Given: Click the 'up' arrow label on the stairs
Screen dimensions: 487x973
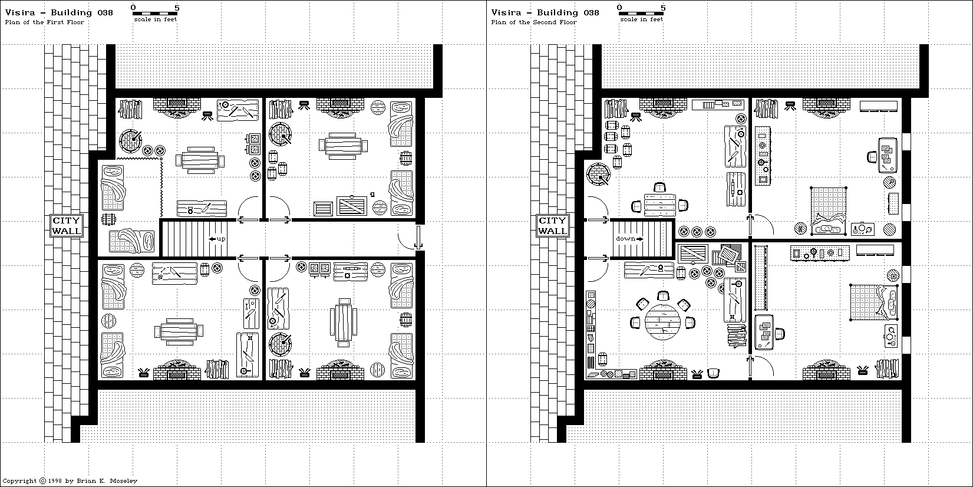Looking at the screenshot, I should click(x=217, y=239).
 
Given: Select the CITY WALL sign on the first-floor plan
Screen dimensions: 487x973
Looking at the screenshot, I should click(x=67, y=226).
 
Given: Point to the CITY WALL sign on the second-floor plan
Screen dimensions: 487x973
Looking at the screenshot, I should click(x=552, y=226).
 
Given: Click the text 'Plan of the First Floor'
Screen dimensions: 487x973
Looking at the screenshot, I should click(x=45, y=22).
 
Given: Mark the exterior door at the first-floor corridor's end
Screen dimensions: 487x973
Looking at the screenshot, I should click(x=417, y=238).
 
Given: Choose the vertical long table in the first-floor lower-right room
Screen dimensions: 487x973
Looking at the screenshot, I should click(x=343, y=321).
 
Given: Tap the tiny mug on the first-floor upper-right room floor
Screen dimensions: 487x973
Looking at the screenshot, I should click(x=373, y=194).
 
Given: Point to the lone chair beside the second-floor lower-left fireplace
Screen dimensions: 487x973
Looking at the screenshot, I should click(x=714, y=373).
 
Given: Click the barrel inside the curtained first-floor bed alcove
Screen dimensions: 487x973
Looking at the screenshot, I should click(x=108, y=219).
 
